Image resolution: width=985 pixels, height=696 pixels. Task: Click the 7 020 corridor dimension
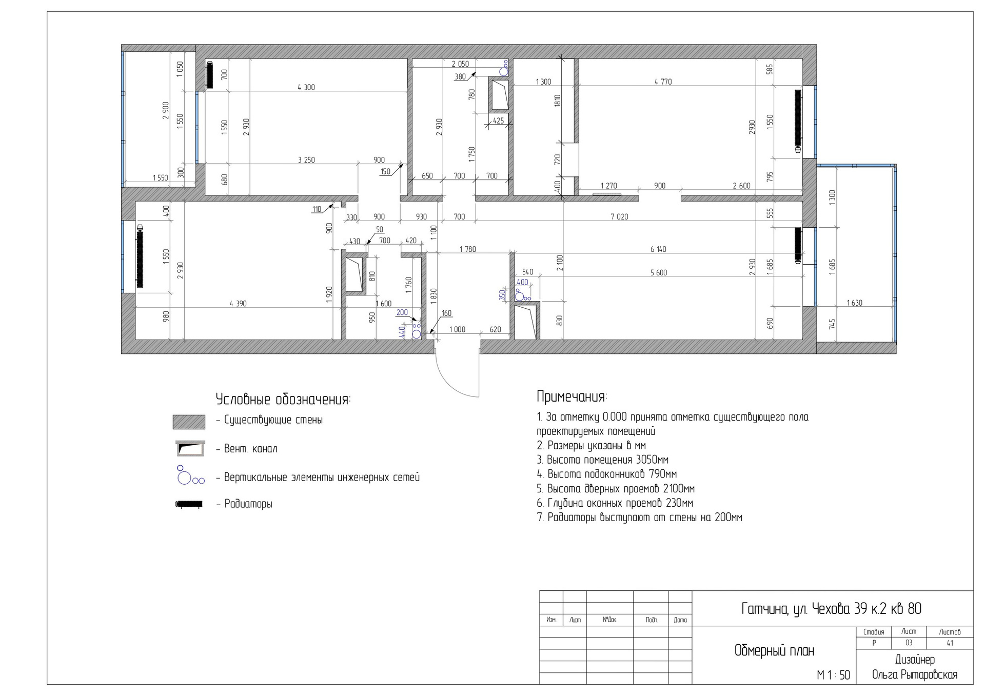pos(619,216)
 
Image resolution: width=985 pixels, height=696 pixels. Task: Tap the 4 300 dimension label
pos(306,87)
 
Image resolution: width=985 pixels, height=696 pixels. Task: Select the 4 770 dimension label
pos(663,82)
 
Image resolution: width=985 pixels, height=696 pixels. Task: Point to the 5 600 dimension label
pos(658,273)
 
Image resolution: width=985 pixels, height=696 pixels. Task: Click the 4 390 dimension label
pos(238,304)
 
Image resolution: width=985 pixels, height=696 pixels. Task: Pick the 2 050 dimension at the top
pos(460,64)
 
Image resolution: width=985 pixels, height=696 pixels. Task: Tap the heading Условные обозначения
pos(283,400)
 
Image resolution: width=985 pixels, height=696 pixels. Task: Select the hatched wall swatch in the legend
pos(189,422)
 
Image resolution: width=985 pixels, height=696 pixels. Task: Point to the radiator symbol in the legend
pos(189,504)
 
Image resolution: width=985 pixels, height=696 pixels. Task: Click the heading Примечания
pos(572,396)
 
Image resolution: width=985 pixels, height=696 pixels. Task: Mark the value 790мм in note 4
pos(663,474)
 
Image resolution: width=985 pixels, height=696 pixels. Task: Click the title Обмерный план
pos(774,651)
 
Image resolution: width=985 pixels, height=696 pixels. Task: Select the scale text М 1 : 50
pos(834,675)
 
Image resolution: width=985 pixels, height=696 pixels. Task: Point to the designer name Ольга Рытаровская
pos(915,675)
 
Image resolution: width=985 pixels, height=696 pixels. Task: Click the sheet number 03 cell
pos(909,643)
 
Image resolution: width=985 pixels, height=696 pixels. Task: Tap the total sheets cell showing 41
pos(950,643)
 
